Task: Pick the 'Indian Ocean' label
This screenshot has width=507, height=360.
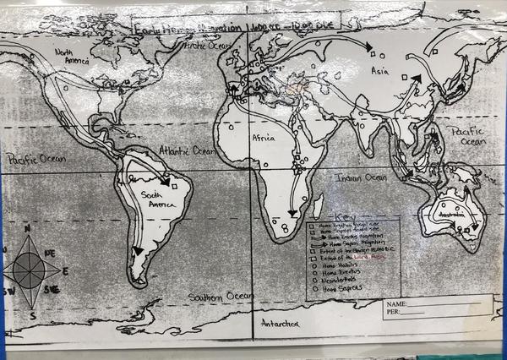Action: point(361,177)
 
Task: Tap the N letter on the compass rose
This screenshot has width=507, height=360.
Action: point(27,229)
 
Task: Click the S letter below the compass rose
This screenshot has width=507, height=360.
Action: point(33,315)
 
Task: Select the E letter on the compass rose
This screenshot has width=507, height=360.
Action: point(66,272)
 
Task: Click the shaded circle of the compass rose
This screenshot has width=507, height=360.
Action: point(30,271)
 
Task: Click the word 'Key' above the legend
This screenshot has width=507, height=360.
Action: point(347,217)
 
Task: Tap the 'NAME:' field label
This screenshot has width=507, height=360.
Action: point(395,303)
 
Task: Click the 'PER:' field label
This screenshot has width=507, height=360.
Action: point(392,310)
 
